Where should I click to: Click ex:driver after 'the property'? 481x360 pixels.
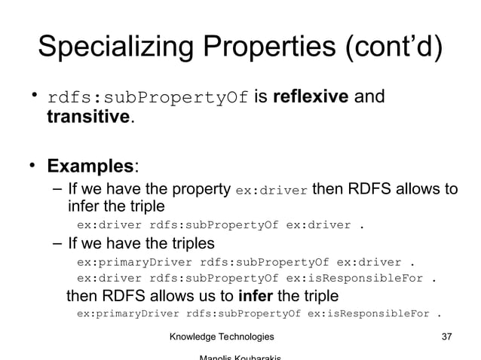[271, 191]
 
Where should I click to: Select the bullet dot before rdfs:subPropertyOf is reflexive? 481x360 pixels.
[34, 96]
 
